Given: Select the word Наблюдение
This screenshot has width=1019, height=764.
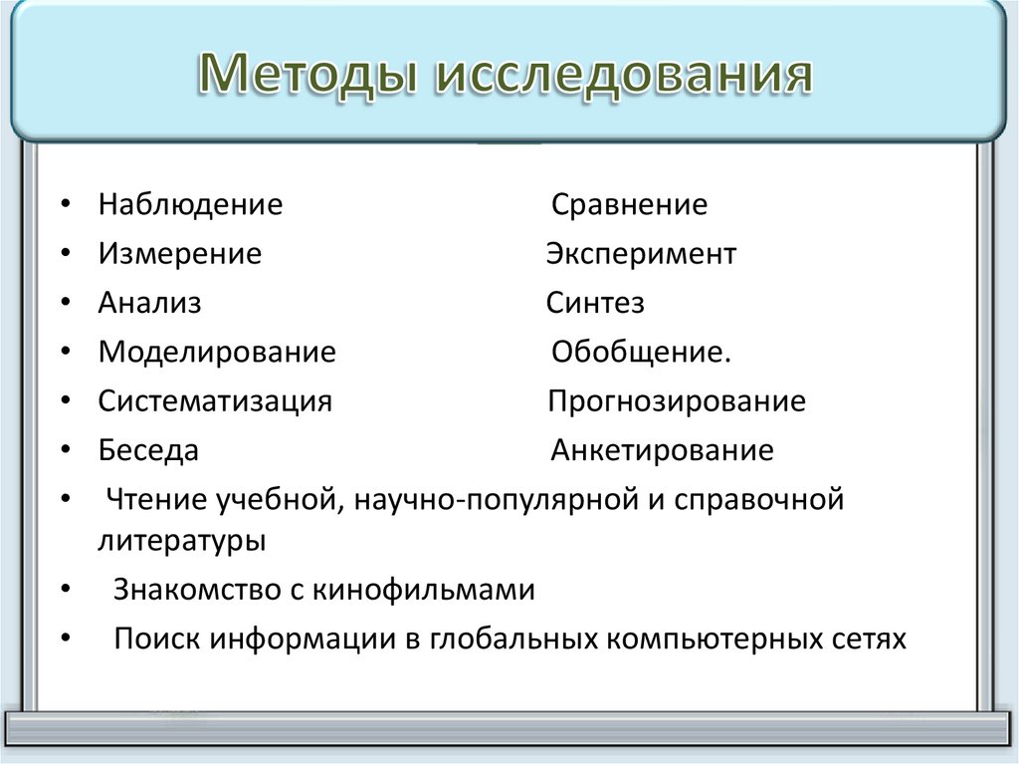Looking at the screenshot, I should point(190,205).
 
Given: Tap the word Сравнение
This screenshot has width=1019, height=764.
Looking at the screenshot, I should point(629,205).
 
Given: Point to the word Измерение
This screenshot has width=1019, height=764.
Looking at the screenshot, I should point(179,254).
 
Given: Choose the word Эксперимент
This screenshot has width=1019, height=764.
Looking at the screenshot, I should point(641,254).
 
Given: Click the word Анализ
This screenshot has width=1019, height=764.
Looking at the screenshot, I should point(149,303).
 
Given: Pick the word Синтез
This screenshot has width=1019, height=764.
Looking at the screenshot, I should point(595,303).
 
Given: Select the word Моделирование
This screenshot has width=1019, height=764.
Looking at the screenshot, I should point(217,353).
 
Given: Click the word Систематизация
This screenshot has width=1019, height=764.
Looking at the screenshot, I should point(215,401).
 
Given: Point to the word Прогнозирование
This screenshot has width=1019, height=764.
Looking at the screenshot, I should point(677,401).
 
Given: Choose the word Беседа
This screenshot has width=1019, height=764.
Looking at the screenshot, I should point(148,450).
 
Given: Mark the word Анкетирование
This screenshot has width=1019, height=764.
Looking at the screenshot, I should point(662,450).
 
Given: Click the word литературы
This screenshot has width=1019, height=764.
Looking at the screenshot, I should point(181,542).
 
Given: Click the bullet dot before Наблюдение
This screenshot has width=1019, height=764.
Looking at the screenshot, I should point(65,206).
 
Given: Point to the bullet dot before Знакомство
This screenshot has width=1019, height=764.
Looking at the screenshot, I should point(65,591).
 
